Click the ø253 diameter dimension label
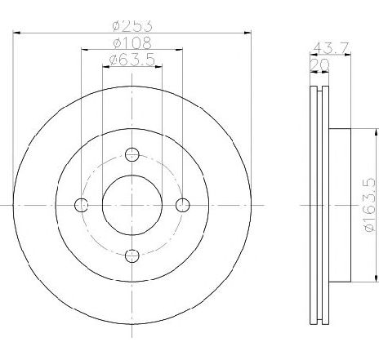(x=132, y=26)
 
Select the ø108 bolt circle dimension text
(x=132, y=42)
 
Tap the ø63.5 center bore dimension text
(x=132, y=60)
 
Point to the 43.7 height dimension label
(x=331, y=48)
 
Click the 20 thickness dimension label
(x=319, y=64)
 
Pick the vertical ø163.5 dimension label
(x=369, y=205)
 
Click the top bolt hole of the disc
(x=132, y=154)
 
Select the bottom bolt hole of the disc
(x=132, y=256)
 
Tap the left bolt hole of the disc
(x=81, y=205)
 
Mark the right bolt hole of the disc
(x=183, y=205)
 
